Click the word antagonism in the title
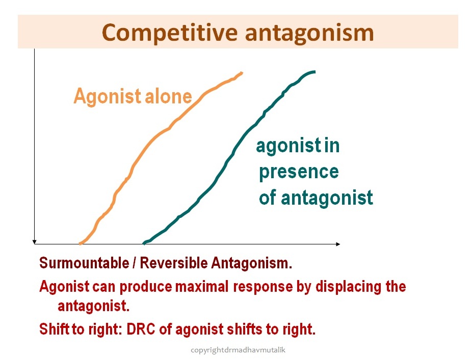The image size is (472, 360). pyautogui.click(x=309, y=34)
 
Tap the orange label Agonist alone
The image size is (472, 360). pyautogui.click(x=133, y=96)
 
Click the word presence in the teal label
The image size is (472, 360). pyautogui.click(x=299, y=172)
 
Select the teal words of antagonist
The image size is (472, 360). pyautogui.click(x=316, y=198)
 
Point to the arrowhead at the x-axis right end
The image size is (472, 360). pyautogui.click(x=338, y=244)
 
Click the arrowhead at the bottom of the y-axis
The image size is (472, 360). pyautogui.click(x=34, y=242)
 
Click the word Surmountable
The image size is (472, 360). pyautogui.click(x=84, y=263)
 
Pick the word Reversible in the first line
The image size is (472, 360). pyautogui.click(x=174, y=263)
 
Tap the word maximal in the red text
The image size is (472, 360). pyautogui.click(x=202, y=286)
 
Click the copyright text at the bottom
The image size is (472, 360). pyautogui.click(x=238, y=350)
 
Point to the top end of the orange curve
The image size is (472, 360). pyautogui.click(x=242, y=72)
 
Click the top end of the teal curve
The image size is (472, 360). pyautogui.click(x=314, y=72)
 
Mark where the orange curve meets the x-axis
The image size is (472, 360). pyautogui.click(x=80, y=243)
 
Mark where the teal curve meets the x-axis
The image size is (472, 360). pyautogui.click(x=144, y=243)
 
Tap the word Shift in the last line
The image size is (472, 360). pyautogui.click(x=54, y=329)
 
